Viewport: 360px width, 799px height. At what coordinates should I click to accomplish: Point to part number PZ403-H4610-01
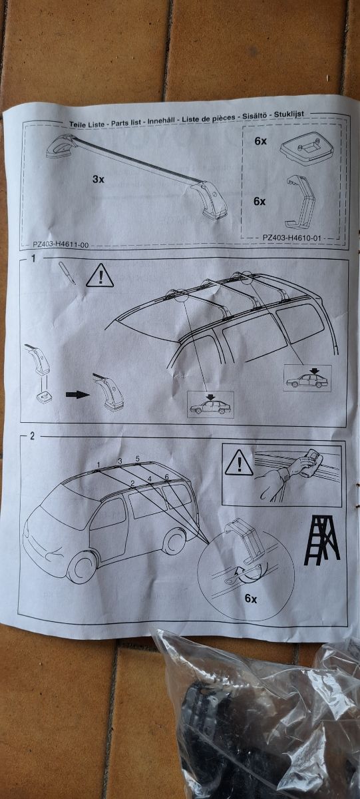point(293,236)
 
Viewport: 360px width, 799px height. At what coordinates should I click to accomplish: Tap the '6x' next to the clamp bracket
point(260,200)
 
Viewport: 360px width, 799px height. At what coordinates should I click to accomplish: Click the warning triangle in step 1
point(100,276)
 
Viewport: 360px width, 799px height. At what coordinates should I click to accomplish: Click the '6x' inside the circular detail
point(250,599)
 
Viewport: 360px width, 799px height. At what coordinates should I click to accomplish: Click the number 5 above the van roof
point(137,459)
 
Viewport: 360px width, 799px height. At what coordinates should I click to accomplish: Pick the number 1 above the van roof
point(98,463)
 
